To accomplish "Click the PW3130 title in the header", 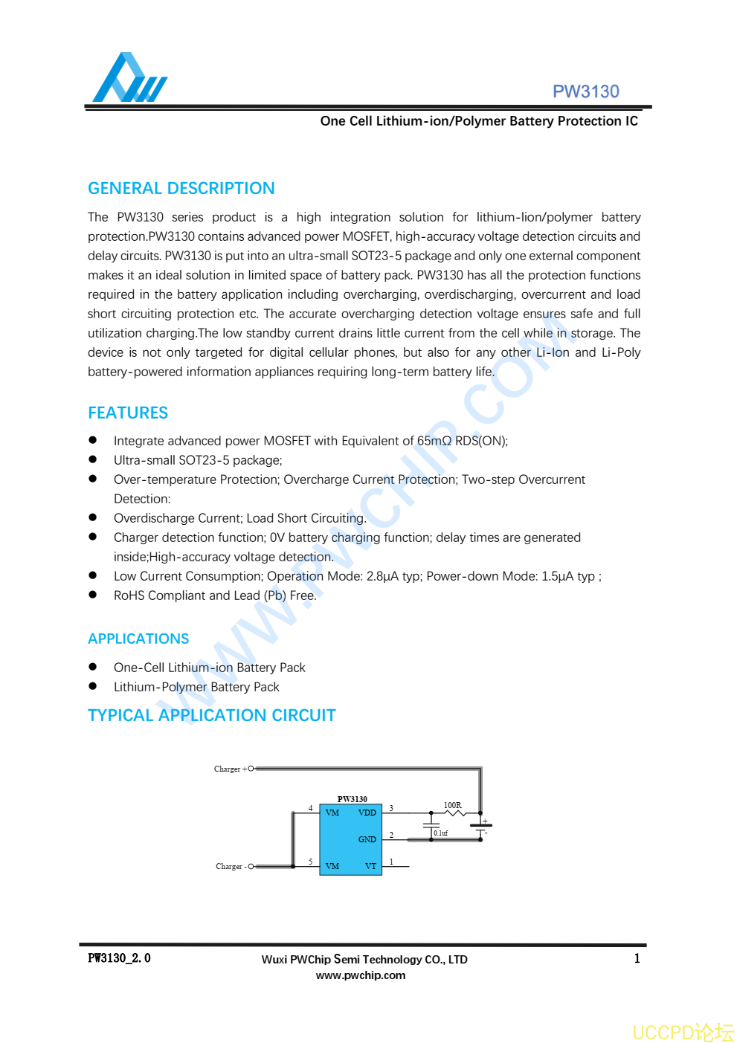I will [x=585, y=91].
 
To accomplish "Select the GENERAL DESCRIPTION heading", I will [x=181, y=188].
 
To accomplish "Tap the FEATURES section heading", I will [x=128, y=413].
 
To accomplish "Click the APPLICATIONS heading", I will [x=138, y=639].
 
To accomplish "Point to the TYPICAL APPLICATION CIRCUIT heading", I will [x=211, y=715].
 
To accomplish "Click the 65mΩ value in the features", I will [x=434, y=441].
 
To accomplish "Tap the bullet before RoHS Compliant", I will [x=93, y=595].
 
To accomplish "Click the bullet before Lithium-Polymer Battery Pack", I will [x=93, y=686].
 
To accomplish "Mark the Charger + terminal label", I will [x=230, y=769].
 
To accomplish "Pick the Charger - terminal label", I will [x=231, y=866].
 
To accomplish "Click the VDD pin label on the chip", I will [x=367, y=813].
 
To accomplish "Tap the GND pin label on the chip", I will [x=367, y=839].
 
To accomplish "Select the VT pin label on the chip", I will [x=370, y=866].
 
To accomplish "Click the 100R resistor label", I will [x=452, y=805].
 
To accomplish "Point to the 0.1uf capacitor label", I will [x=441, y=833].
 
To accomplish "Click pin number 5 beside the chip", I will [x=310, y=862].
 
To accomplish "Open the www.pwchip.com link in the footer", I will [x=361, y=975].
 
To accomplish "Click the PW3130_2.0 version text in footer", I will [x=119, y=958].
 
